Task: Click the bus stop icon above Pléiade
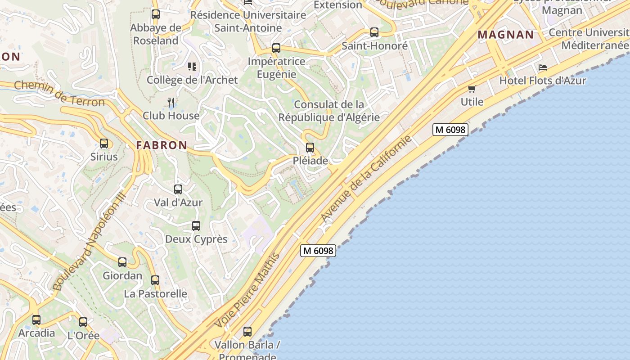click(310, 147)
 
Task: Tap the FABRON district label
click(162, 145)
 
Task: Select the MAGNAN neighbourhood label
click(506, 35)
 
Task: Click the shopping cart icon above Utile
click(472, 89)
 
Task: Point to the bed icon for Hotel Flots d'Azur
click(543, 67)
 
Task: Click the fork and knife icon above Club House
click(171, 103)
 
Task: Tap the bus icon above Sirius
click(104, 144)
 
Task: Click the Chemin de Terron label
click(59, 93)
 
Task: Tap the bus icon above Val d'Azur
click(178, 189)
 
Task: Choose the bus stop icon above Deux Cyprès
click(196, 226)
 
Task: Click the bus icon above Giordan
click(122, 262)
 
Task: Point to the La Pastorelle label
click(155, 294)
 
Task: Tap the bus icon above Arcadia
click(36, 320)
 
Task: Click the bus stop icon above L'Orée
click(83, 322)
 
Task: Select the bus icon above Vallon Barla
click(247, 332)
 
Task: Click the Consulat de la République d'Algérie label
click(329, 111)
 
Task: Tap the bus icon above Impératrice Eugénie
click(276, 48)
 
